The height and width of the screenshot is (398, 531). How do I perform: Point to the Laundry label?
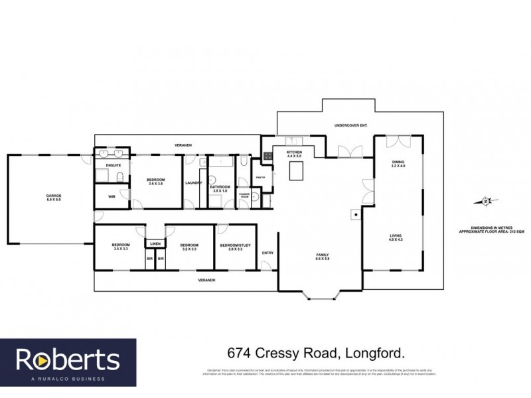click(x=194, y=183)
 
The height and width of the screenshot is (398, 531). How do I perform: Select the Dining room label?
click(x=398, y=163)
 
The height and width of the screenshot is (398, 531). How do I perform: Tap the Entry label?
click(x=268, y=252)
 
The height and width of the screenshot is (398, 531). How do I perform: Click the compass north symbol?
click(x=486, y=201)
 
